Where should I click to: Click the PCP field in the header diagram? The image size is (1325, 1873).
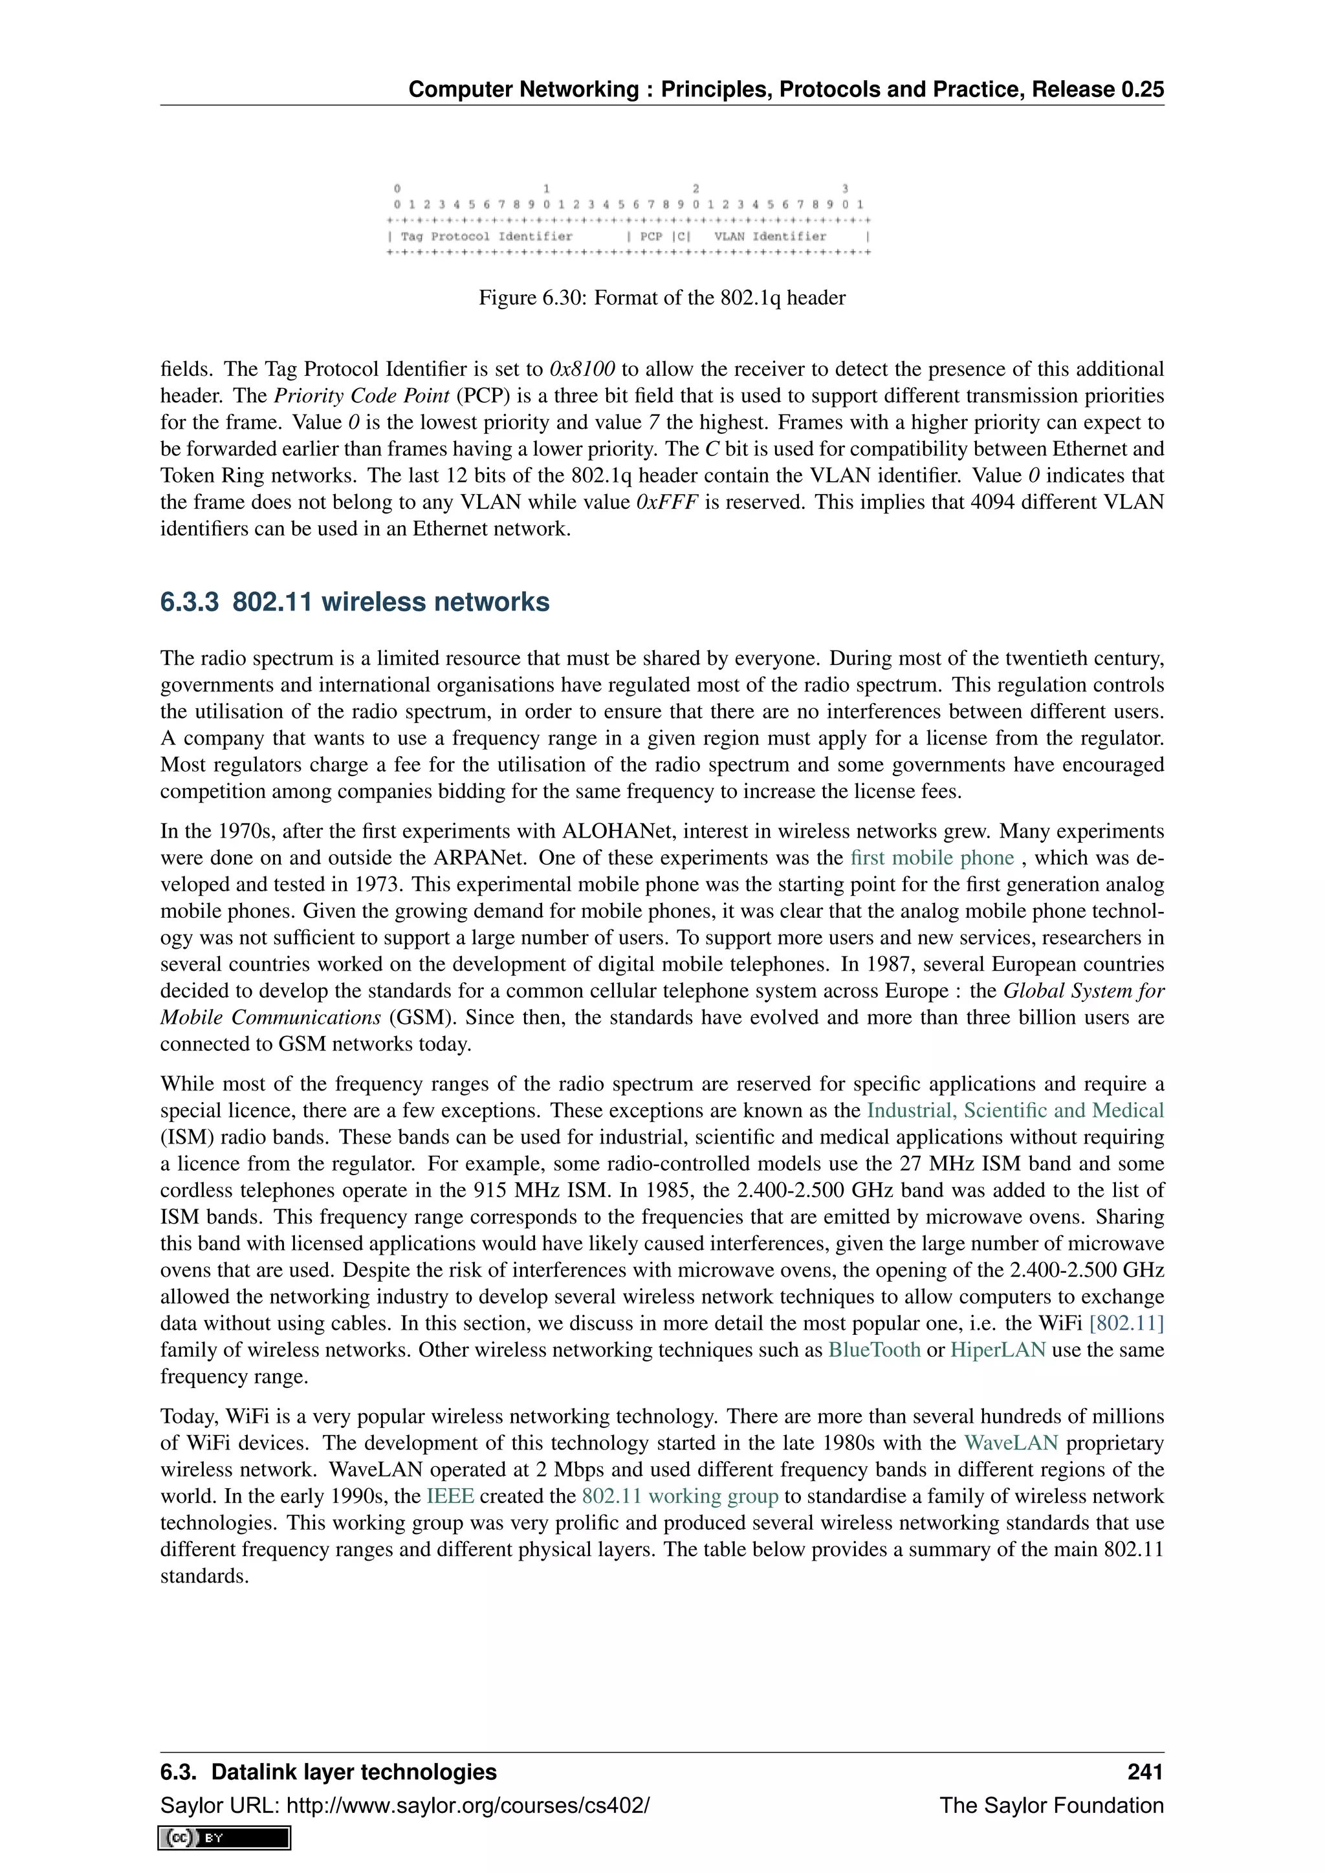[x=651, y=237]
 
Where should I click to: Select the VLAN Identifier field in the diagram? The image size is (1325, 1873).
[x=769, y=237]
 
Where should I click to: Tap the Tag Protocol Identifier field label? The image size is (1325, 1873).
[x=487, y=237]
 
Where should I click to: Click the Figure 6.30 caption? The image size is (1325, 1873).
[x=662, y=298]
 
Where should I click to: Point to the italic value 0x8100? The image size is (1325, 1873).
[x=582, y=369]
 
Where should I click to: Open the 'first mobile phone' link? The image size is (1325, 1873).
[x=932, y=858]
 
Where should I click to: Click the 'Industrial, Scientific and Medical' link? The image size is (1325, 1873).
[x=1015, y=1110]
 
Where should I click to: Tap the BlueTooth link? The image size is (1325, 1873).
[x=874, y=1349]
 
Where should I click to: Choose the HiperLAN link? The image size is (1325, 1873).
[x=997, y=1349]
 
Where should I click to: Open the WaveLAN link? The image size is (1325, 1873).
[x=1010, y=1442]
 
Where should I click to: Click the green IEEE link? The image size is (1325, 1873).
[x=450, y=1495]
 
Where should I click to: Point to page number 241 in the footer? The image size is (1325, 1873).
[x=1144, y=1772]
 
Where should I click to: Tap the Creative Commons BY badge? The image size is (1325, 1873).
[x=225, y=1838]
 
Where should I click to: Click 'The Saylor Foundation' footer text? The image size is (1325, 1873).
[x=1051, y=1805]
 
